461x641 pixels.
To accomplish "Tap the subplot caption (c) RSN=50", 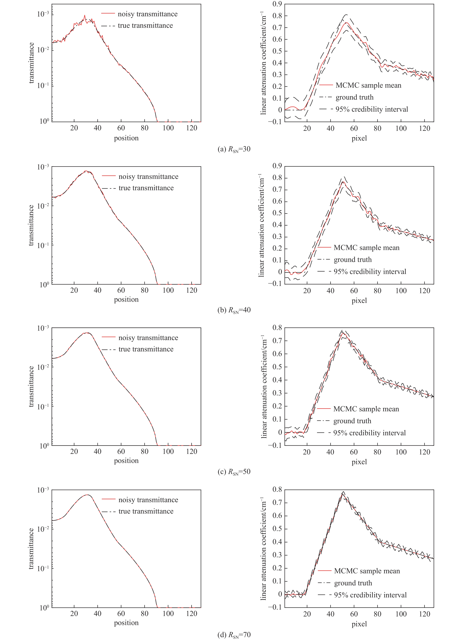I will (x=234, y=472).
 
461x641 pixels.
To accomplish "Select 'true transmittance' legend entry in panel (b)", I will (x=146, y=188).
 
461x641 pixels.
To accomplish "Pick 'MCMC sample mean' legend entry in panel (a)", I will (x=368, y=85).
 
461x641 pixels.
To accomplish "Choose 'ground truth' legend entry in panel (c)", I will (x=352, y=421).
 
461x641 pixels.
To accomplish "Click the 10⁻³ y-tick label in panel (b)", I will (x=43, y=167).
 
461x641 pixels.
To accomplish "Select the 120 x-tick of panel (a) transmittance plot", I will (x=192, y=128).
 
